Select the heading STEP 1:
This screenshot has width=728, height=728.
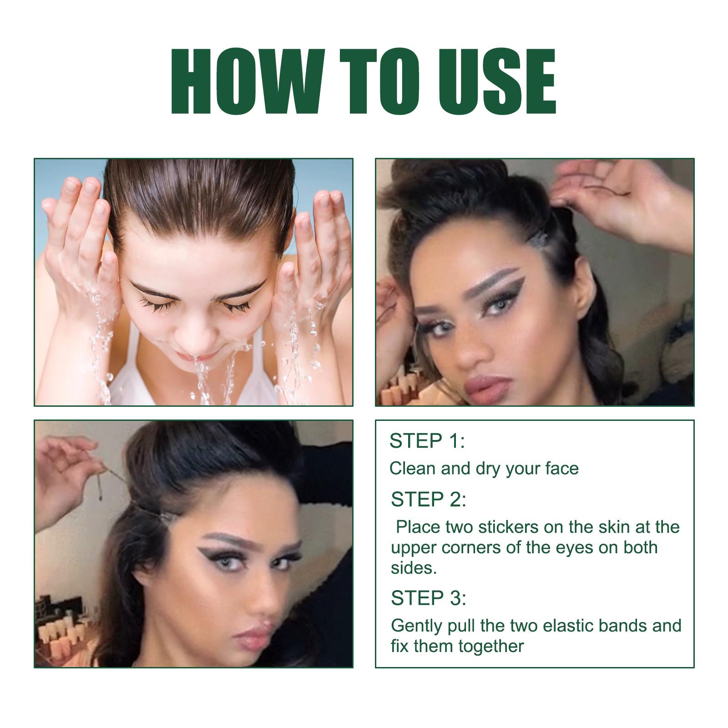coord(427,441)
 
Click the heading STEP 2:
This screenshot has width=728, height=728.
coord(429,499)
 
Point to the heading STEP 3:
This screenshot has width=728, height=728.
coord(429,598)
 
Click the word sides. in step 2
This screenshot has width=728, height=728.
coord(414,568)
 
